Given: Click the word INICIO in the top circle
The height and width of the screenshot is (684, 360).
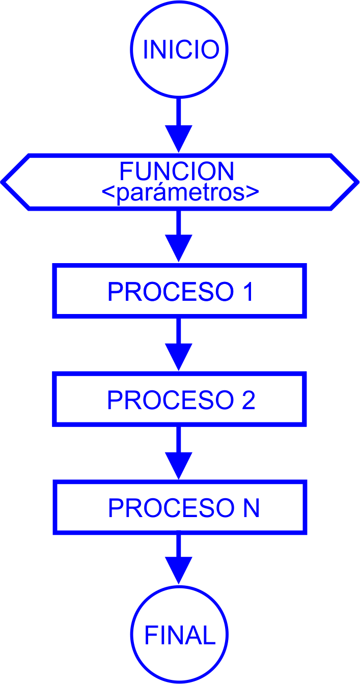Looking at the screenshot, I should point(181,50).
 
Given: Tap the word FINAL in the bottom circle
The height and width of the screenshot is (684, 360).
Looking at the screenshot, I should point(180,636).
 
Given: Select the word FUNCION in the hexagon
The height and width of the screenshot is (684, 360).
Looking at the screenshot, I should point(177,172).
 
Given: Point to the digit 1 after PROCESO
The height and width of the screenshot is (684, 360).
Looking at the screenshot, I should point(247,292).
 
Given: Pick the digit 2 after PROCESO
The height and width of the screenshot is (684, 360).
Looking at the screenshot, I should point(247,401).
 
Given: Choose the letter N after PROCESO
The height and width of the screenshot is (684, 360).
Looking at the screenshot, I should point(250,508).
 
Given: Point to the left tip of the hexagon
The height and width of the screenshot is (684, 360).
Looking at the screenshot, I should point(3,181).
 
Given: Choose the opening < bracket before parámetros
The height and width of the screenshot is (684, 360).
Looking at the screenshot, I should point(108,194).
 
